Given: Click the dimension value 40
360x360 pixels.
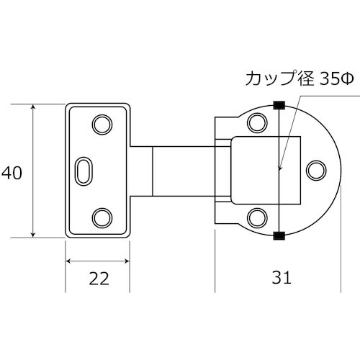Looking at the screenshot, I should point(12,173).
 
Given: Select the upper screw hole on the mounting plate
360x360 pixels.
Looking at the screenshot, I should point(103,124).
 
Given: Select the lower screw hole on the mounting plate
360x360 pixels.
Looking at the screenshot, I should point(103,216).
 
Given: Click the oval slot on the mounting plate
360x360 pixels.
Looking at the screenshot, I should point(84,171).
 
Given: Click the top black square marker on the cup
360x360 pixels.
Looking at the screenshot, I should point(279,105).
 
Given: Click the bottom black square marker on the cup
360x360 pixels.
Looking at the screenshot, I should point(279,235).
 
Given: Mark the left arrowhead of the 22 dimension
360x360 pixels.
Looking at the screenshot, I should point(69,261).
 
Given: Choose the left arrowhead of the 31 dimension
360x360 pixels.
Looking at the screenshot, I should point(217,261).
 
